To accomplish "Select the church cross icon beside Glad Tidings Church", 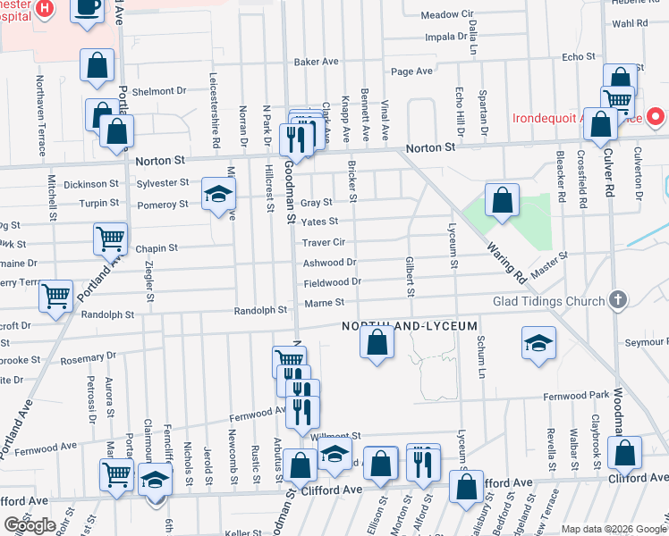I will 616,300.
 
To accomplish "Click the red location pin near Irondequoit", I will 655,117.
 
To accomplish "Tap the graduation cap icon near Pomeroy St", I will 216,194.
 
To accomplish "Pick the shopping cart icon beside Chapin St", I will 110,239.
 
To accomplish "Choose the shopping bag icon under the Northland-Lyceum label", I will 377,343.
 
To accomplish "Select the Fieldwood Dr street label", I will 332,282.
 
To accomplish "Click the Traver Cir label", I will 324,242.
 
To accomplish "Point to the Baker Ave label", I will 317,63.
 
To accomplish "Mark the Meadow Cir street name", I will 446,15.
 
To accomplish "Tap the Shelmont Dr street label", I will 158,91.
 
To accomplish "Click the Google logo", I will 30,525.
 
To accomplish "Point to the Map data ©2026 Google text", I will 613,529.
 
